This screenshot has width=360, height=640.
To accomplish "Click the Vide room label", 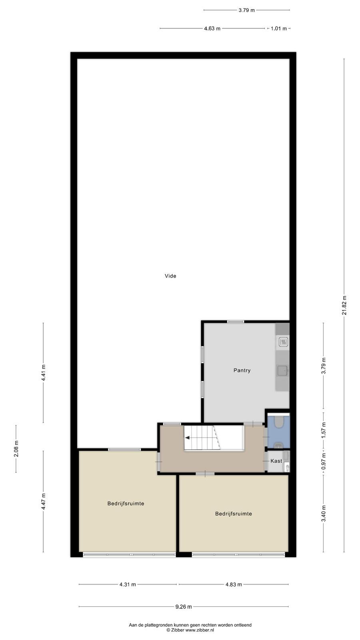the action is pyautogui.click(x=170, y=276).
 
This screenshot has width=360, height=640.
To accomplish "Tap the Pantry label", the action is pyautogui.click(x=242, y=370).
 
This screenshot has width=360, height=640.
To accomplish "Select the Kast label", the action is pyautogui.click(x=276, y=461).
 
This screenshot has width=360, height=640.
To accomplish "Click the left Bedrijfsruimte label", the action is pyautogui.click(x=126, y=504).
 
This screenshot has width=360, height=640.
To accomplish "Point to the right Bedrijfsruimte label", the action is pyautogui.click(x=234, y=514).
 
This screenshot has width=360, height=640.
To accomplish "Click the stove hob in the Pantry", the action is pyautogui.click(x=284, y=342).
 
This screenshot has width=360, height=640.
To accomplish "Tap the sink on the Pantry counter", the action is pyautogui.click(x=283, y=370).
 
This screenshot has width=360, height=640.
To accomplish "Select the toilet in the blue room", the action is pyautogui.click(x=278, y=422).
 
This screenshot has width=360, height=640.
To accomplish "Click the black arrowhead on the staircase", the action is pyautogui.click(x=188, y=438).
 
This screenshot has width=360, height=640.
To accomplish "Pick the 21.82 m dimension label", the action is pyautogui.click(x=344, y=305).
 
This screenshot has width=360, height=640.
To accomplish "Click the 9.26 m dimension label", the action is pyautogui.click(x=184, y=606).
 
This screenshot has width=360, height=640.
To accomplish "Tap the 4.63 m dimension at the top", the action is pyautogui.click(x=212, y=28).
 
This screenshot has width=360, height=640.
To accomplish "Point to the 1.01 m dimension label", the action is pyautogui.click(x=278, y=28).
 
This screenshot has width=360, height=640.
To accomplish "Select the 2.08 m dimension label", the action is pyautogui.click(x=16, y=448).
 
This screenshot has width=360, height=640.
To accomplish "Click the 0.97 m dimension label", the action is pyautogui.click(x=324, y=462).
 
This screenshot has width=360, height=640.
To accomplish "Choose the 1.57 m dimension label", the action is pyautogui.click(x=324, y=430).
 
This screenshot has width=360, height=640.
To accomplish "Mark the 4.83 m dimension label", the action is pyautogui.click(x=234, y=584).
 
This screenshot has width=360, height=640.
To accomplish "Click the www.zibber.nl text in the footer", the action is pyautogui.click(x=200, y=630).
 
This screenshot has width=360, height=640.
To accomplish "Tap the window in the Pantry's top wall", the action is pyautogui.click(x=236, y=322).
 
